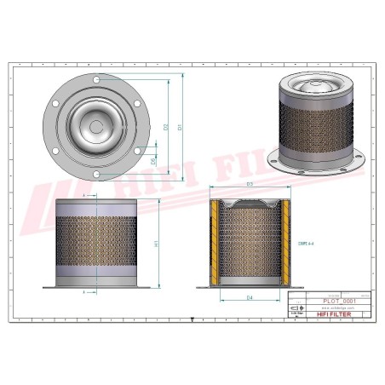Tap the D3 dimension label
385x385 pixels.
pyautogui.click(x=250, y=184)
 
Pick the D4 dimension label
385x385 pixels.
pyautogui.click(x=250, y=298)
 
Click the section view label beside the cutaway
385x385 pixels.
pyautogui.click(x=305, y=243)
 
